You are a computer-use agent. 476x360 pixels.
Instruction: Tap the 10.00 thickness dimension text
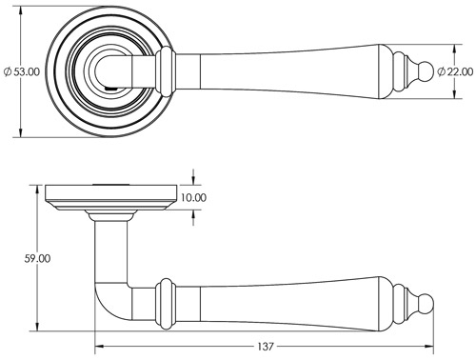pos(192,198)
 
